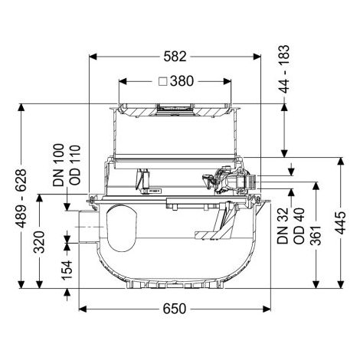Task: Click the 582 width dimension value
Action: [x=175, y=57]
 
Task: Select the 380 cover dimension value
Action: [x=182, y=81]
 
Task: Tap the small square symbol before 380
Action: [x=163, y=81]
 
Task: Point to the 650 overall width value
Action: [x=175, y=309]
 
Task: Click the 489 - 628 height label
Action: [x=21, y=198]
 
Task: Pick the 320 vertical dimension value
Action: [x=40, y=242]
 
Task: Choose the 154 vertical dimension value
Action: [x=67, y=270]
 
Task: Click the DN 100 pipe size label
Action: [x=58, y=165]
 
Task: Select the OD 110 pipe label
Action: [x=75, y=165]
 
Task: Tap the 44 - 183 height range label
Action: [x=284, y=69]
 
